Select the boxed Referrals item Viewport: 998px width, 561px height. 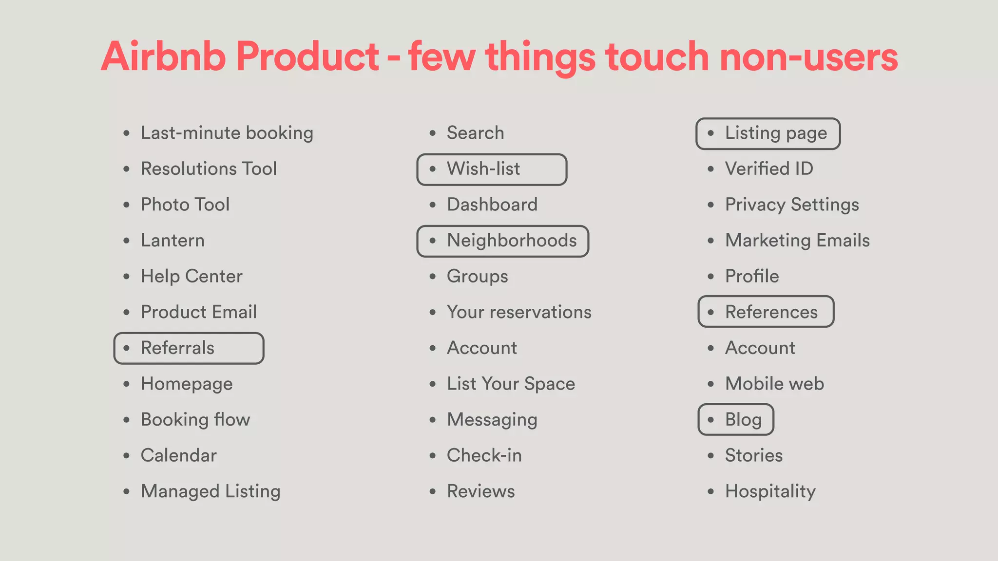189,348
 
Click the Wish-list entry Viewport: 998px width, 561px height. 492,169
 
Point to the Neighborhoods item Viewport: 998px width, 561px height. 503,241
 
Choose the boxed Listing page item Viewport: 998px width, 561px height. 768,133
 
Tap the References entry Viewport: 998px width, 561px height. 766,312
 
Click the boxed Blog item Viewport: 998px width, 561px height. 736,419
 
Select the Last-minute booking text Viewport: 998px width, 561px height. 227,133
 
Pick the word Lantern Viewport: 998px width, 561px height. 173,241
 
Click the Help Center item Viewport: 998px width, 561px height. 192,276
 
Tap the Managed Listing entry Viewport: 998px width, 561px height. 211,491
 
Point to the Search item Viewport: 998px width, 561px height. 475,133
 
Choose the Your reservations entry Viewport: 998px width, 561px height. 519,312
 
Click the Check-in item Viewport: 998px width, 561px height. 484,455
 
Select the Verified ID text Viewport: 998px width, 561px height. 769,169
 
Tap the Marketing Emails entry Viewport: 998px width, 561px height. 797,241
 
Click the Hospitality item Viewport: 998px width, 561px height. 770,491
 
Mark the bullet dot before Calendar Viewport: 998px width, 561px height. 127,456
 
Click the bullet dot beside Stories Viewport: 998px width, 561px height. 711,456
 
